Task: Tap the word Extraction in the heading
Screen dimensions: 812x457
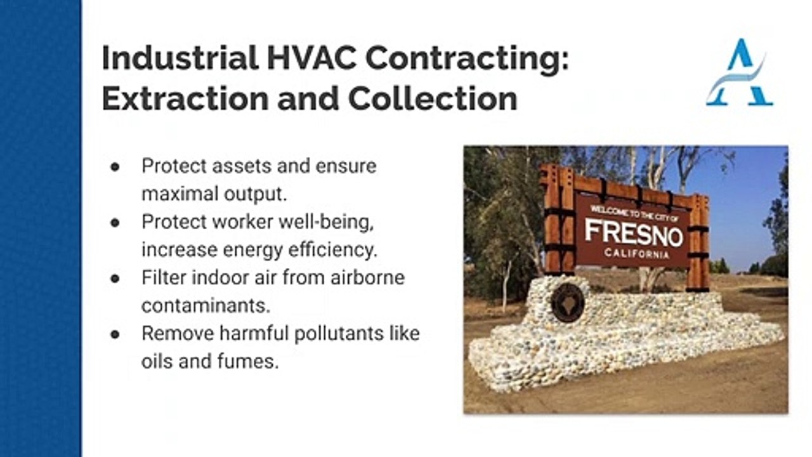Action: pos(185,98)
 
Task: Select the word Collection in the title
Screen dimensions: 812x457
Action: pos(433,98)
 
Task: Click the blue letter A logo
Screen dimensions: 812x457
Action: pos(740,72)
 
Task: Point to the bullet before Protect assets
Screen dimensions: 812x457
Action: pos(115,167)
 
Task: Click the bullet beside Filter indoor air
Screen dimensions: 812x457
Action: pos(115,279)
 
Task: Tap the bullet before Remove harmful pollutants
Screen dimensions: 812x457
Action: pos(115,334)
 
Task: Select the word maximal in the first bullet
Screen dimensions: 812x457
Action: pos(180,194)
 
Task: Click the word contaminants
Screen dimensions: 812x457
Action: pos(206,306)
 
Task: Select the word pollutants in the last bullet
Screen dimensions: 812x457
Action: pos(339,333)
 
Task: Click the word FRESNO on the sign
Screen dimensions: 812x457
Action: pos(634,232)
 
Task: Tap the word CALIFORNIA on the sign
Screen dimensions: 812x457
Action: pos(636,253)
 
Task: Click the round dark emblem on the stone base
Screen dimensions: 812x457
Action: pos(568,303)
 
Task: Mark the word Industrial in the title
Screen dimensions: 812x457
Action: pos(180,58)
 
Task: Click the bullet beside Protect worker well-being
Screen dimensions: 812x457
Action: pos(115,223)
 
